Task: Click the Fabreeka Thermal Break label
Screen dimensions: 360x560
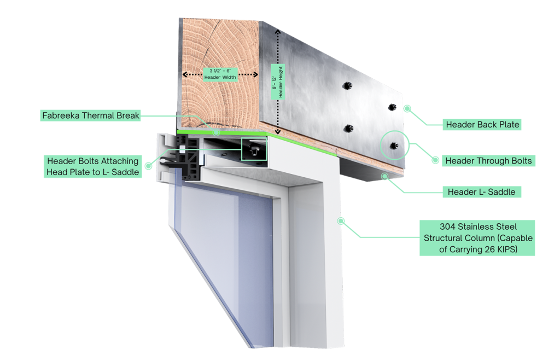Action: (91, 115)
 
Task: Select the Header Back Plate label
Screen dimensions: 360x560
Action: (482, 125)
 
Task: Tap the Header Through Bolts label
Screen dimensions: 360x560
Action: (488, 160)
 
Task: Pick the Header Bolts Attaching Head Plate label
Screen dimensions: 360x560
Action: (93, 166)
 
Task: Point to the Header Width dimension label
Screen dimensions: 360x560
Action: (220, 74)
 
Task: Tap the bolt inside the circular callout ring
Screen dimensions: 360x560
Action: (394, 145)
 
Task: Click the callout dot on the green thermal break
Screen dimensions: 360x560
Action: (216, 132)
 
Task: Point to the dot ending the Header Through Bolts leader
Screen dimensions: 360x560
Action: (435, 160)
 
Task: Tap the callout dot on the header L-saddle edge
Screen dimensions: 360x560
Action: (385, 176)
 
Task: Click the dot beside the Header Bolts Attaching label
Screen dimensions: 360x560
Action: (148, 165)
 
